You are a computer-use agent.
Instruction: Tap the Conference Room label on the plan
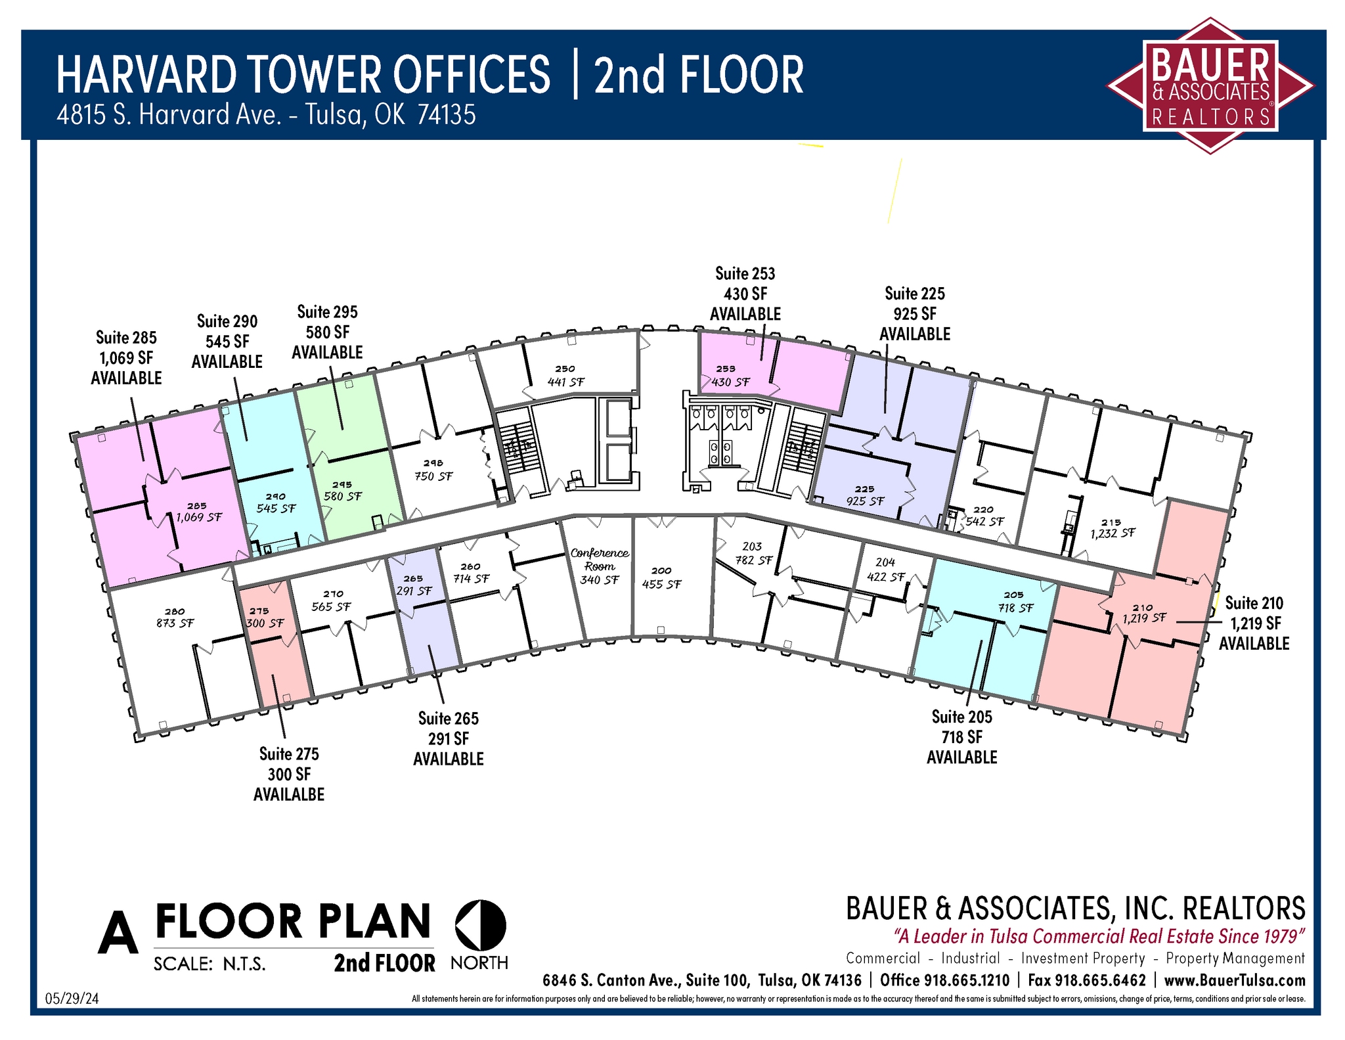click(x=599, y=560)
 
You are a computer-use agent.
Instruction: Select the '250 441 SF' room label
click(x=565, y=376)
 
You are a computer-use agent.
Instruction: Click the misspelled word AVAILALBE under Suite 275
click(x=289, y=794)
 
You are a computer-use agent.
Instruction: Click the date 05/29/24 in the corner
click(x=72, y=999)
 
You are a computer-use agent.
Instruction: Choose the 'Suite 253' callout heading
click(x=745, y=273)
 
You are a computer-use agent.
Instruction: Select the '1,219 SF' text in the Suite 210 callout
click(x=1254, y=623)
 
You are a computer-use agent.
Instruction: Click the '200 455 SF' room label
click(x=661, y=578)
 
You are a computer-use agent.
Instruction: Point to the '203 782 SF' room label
click(x=753, y=554)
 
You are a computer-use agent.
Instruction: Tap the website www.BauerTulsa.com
click(x=1234, y=980)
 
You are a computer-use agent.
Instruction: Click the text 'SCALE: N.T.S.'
click(x=209, y=964)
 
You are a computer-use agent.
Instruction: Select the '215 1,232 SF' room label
click(x=1112, y=529)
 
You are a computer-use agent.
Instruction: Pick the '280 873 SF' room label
click(x=175, y=618)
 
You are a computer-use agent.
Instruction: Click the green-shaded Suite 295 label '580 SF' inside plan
click(x=342, y=496)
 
